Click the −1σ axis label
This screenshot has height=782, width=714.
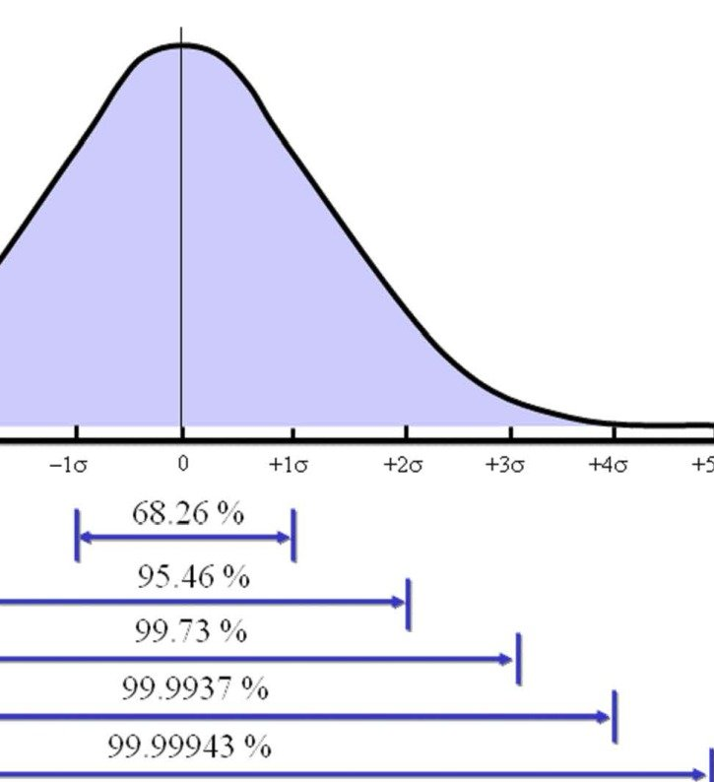coord(67,466)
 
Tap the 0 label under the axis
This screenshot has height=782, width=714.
coord(182,464)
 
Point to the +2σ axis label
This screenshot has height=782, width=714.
coord(403,466)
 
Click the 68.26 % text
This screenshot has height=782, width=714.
coord(187,513)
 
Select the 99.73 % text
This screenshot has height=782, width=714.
coord(190,630)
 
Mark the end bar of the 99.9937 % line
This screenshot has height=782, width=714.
coord(615,717)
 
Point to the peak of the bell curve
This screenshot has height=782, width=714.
coord(182,45)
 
